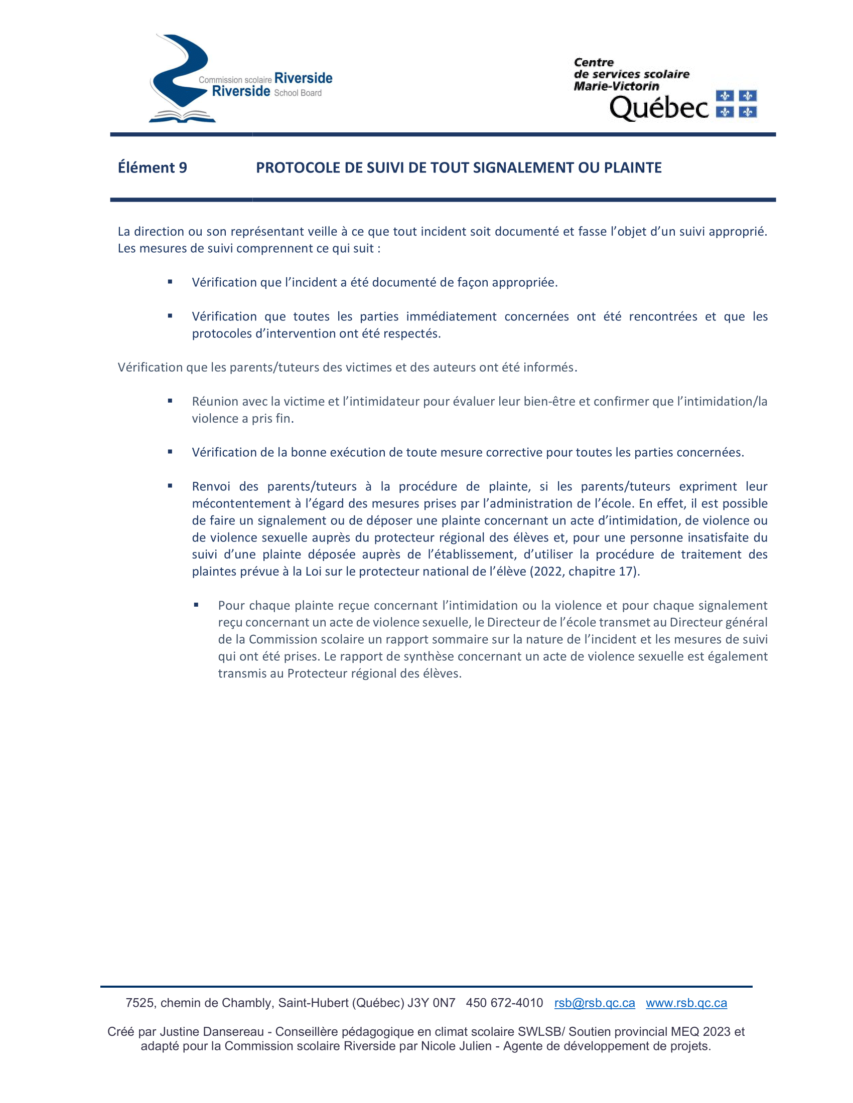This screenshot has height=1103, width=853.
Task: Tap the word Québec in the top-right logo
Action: point(659,108)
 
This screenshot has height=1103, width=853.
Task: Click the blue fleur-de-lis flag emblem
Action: point(736,104)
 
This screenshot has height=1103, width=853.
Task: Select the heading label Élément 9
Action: point(152,167)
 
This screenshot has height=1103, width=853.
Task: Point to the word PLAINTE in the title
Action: point(633,167)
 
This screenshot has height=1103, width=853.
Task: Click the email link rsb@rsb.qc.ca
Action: point(594,1003)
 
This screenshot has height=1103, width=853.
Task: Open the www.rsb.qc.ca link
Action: point(686,1003)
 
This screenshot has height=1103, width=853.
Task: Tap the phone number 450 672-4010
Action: point(504,1003)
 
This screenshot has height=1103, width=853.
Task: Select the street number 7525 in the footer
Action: point(140,1003)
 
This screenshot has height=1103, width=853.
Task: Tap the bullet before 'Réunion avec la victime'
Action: point(170,401)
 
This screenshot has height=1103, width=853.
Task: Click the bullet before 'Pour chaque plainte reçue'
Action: point(196,605)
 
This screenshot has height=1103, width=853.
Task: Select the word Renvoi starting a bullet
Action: point(211,486)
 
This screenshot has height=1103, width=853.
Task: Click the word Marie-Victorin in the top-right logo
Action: point(616,86)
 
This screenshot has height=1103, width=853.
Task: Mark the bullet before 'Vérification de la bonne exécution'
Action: point(170,452)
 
